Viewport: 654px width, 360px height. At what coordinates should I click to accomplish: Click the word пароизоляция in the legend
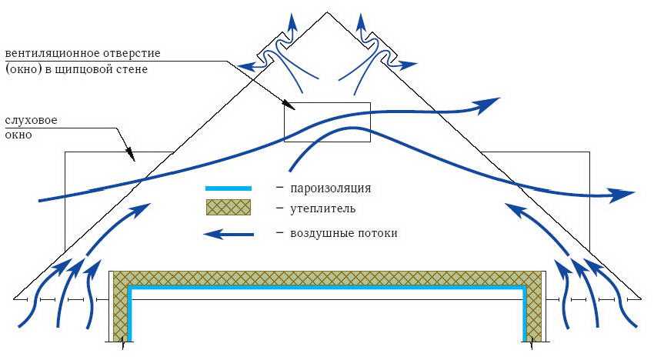pyautogui.click(x=331, y=188)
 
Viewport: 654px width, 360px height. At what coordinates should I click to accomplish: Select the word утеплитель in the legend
pyautogui.click(x=323, y=208)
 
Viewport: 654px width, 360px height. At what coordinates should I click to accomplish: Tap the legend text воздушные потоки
pyautogui.click(x=344, y=232)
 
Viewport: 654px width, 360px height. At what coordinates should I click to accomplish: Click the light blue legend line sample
pyautogui.click(x=228, y=188)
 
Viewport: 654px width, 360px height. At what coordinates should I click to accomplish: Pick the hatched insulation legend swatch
pyautogui.click(x=228, y=208)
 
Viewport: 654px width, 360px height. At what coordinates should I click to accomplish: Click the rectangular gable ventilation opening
pyautogui.click(x=327, y=122)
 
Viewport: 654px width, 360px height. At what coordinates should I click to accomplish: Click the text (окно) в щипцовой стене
pyautogui.click(x=75, y=69)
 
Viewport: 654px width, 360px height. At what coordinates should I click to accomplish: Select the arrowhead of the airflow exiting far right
pyautogui.click(x=623, y=195)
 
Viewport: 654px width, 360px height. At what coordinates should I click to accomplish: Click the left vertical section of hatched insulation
pyautogui.click(x=119, y=308)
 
